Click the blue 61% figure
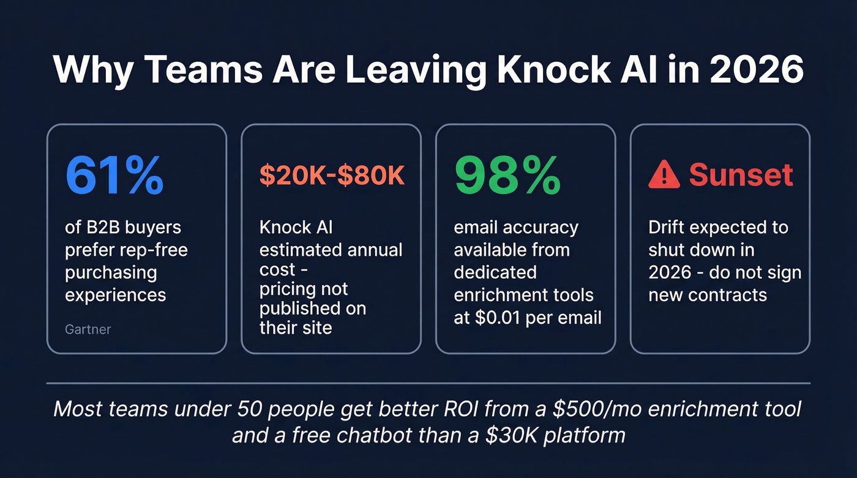tap(114, 176)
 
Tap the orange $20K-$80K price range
tap(332, 176)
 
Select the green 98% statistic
tap(507, 176)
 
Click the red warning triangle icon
tap(664, 176)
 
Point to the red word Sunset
tap(741, 176)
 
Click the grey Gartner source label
tap(88, 329)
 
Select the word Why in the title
tap(91, 71)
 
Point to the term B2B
tap(102, 228)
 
